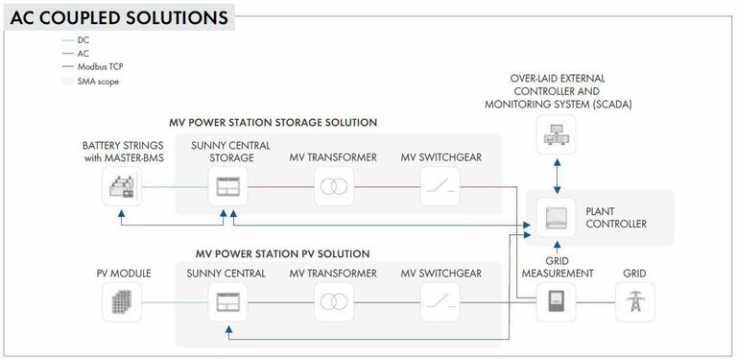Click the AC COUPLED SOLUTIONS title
119,17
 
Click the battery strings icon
122,188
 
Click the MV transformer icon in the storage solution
332,188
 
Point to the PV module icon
122,302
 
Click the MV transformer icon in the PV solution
332,302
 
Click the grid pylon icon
635,302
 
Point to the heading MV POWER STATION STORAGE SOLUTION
273,123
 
